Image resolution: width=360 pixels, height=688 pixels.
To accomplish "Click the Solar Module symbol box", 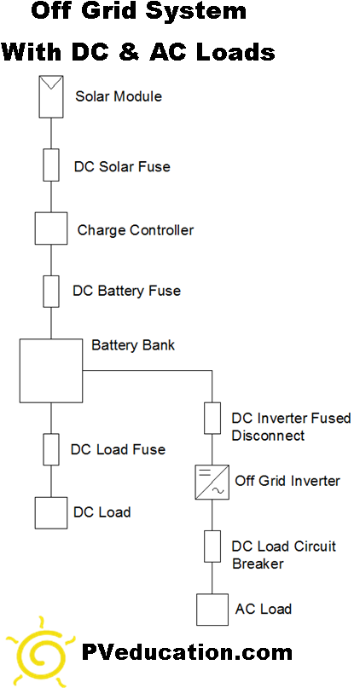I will (51, 97).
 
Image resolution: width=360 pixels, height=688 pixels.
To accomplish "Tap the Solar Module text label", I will (119, 96).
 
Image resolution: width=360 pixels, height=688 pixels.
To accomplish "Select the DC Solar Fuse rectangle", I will (51, 165).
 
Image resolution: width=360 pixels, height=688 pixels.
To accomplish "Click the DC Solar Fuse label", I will (122, 167).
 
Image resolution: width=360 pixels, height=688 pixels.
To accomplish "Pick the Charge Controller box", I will (51, 228).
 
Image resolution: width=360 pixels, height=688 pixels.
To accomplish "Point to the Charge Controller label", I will (136, 230).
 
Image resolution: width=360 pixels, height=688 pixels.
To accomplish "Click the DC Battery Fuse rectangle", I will (51, 290).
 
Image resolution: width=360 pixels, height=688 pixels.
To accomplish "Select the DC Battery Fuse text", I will (126, 291).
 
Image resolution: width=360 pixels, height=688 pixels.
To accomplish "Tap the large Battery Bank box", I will (50, 371).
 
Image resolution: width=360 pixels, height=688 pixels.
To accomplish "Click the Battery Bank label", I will (133, 346).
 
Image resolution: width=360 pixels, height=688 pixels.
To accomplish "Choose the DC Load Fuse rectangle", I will (51, 448).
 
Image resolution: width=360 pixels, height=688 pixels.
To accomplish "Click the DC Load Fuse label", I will (118, 449).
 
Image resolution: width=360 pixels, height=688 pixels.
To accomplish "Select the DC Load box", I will (51, 512).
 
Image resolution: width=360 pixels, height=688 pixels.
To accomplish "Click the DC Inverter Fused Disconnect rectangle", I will (212, 419).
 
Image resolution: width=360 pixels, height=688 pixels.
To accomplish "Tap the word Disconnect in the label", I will (268, 436).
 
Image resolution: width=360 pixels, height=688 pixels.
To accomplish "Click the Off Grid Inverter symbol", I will (212, 482).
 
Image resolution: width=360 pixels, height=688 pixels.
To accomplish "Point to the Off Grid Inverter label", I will (287, 481).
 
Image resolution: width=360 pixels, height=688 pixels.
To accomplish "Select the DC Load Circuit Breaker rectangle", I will (212, 546).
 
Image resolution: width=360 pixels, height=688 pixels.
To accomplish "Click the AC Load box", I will (212, 609).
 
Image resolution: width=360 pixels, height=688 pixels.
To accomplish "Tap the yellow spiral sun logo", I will (39, 653).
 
